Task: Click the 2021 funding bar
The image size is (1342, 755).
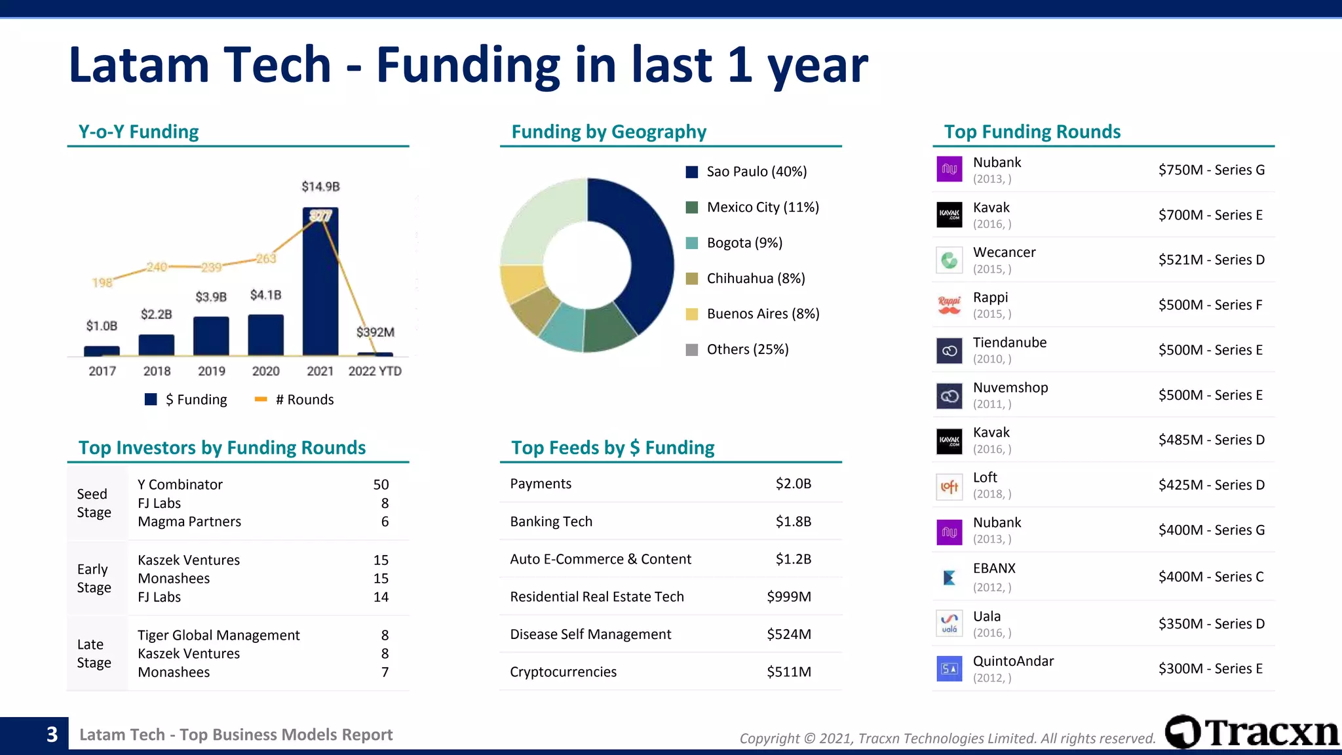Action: point(320,288)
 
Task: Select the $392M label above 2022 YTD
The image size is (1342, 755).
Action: point(375,332)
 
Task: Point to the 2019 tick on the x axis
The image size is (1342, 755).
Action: point(211,371)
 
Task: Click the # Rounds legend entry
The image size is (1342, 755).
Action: point(294,400)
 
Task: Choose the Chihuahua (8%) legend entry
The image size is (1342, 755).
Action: point(746,279)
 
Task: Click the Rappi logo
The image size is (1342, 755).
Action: point(949,305)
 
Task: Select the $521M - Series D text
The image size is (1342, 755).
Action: point(1211,260)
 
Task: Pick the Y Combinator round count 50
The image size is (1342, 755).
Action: point(381,485)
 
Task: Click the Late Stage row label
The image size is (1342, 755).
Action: point(94,653)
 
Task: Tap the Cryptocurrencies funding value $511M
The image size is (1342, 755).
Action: point(788,672)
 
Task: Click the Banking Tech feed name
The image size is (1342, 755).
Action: point(551,522)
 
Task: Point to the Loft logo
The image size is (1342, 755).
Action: point(949,486)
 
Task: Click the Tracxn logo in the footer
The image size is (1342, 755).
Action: point(1252,733)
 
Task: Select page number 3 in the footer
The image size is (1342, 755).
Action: point(52,735)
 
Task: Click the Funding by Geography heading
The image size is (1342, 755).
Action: point(608,132)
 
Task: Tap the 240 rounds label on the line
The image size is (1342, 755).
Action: point(157,267)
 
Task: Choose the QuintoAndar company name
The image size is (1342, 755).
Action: point(1013,661)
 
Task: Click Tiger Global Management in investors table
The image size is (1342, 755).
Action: point(218,636)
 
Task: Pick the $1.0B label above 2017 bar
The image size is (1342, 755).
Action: point(102,326)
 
